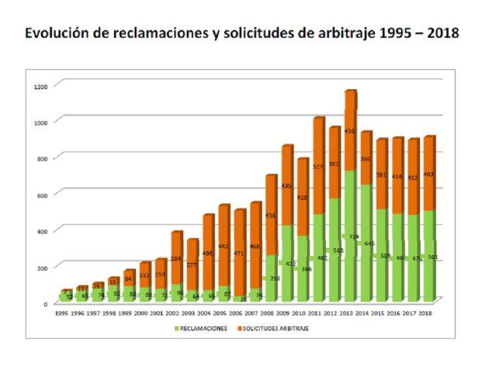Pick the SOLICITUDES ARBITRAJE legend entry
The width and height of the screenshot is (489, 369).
click(290, 328)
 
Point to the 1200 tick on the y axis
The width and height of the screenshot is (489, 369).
click(40, 85)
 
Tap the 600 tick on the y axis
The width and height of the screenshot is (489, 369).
click(41, 195)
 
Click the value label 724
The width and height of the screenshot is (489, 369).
click(355, 236)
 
